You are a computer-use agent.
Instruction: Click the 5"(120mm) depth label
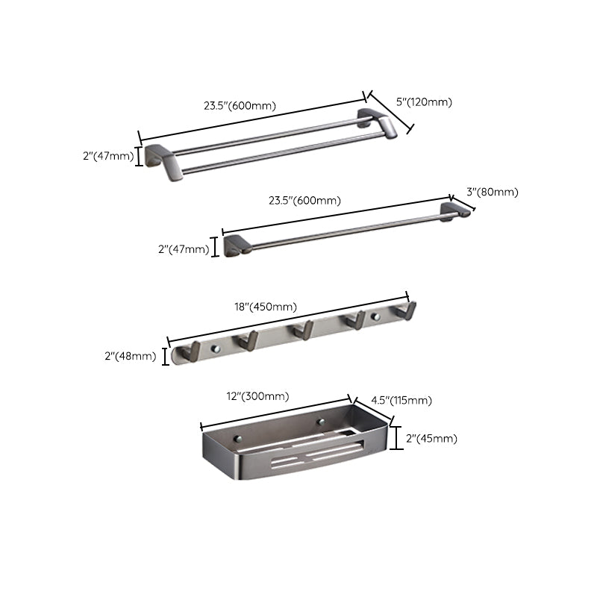(424, 102)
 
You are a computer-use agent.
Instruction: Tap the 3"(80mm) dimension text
(492, 192)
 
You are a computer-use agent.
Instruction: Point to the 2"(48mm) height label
(130, 356)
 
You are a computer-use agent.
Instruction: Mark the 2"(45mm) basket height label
(432, 438)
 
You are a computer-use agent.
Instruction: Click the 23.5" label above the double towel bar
(240, 105)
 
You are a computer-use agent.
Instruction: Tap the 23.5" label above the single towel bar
(304, 200)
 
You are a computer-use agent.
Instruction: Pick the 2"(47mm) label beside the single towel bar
(184, 249)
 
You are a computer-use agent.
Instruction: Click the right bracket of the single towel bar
(454, 210)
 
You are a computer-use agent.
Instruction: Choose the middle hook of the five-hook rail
(303, 329)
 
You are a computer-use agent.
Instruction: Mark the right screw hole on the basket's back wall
(322, 422)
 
